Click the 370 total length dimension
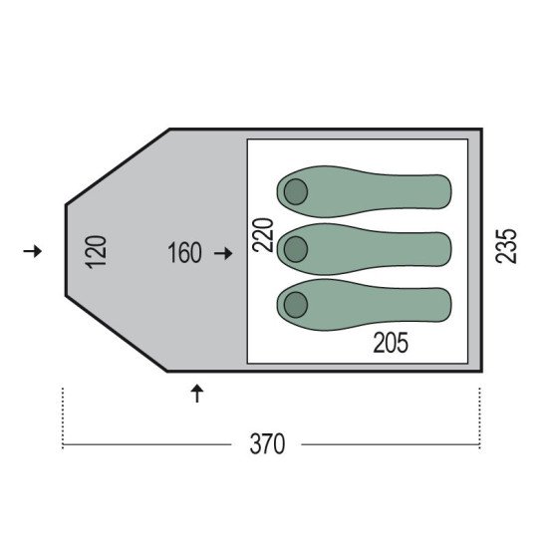(267, 444)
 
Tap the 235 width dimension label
(506, 246)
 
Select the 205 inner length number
(391, 343)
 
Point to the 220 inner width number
(263, 235)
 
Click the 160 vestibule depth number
(184, 252)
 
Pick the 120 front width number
(96, 252)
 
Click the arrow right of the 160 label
(223, 253)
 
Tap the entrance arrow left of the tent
(33, 251)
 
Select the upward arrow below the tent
(197, 394)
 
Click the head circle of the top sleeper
(296, 192)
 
